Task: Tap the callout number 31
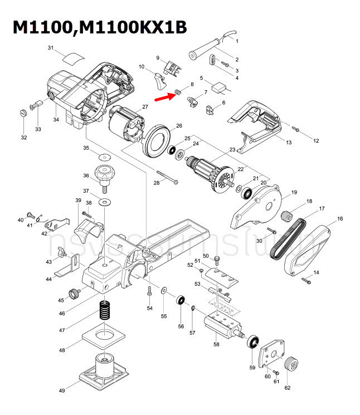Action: [x=50, y=48]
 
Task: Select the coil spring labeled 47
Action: [x=104, y=310]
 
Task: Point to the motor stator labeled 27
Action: [x=125, y=124]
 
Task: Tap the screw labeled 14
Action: [x=305, y=280]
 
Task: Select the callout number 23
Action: [x=232, y=150]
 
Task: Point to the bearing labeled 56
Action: [x=181, y=301]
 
